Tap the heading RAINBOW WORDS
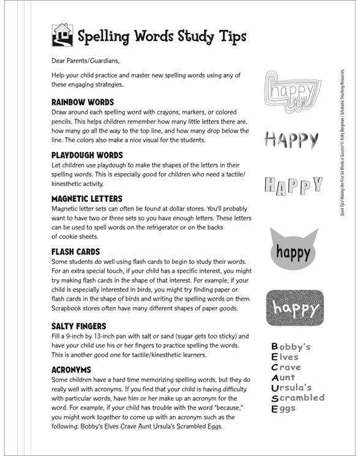coord(83,102)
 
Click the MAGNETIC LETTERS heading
coord(87,198)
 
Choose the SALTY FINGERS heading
coord(79,326)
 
